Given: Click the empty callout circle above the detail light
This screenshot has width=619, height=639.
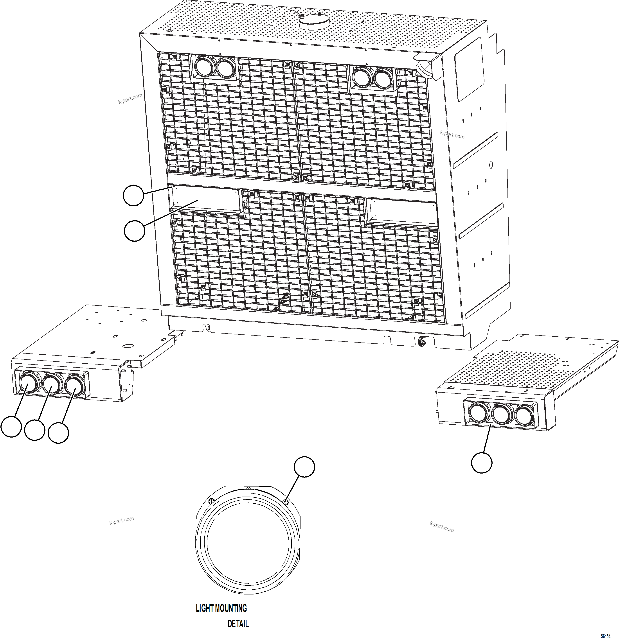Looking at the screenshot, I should [x=304, y=467].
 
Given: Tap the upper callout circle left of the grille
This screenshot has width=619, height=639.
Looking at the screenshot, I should [x=133, y=196].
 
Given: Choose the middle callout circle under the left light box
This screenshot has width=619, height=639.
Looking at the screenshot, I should [x=34, y=430].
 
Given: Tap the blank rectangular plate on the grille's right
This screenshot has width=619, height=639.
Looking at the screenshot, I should [x=401, y=212].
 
